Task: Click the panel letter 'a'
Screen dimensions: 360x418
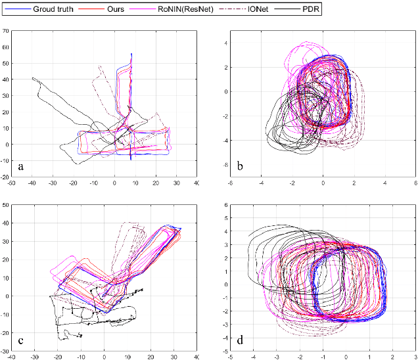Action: pyautogui.click(x=21, y=167)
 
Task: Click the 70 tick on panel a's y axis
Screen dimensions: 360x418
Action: pyautogui.click(x=6, y=30)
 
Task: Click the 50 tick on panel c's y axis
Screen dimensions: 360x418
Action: pyautogui.click(x=6, y=206)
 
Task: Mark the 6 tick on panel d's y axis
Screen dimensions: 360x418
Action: pyautogui.click(x=224, y=206)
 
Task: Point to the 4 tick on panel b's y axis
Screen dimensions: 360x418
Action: pyautogui.click(x=224, y=43)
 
